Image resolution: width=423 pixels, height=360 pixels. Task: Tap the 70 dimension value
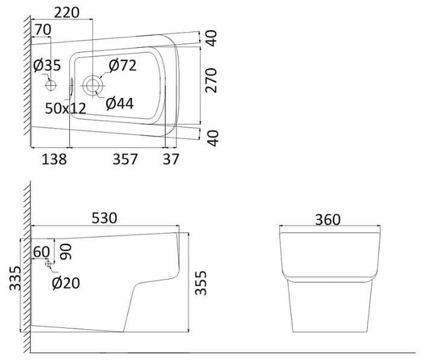43,30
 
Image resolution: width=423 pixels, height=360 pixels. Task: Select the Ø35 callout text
47,66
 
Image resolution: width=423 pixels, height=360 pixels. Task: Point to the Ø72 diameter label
122,65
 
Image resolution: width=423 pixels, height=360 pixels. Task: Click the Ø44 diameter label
119,104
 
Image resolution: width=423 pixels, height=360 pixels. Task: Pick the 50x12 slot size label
66,108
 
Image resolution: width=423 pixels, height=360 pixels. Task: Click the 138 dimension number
53,159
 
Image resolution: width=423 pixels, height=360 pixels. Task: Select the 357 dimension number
125,159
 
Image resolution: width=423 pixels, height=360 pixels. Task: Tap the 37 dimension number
171,159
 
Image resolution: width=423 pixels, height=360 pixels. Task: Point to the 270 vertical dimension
212,79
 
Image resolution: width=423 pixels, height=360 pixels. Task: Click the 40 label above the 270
212,37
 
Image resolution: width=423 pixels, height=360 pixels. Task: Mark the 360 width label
328,219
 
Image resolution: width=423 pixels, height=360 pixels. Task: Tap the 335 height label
14,278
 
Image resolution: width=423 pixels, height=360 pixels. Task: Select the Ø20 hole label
66,282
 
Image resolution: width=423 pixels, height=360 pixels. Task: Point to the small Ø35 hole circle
51,85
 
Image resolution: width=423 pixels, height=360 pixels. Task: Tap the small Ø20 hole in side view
49,264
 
